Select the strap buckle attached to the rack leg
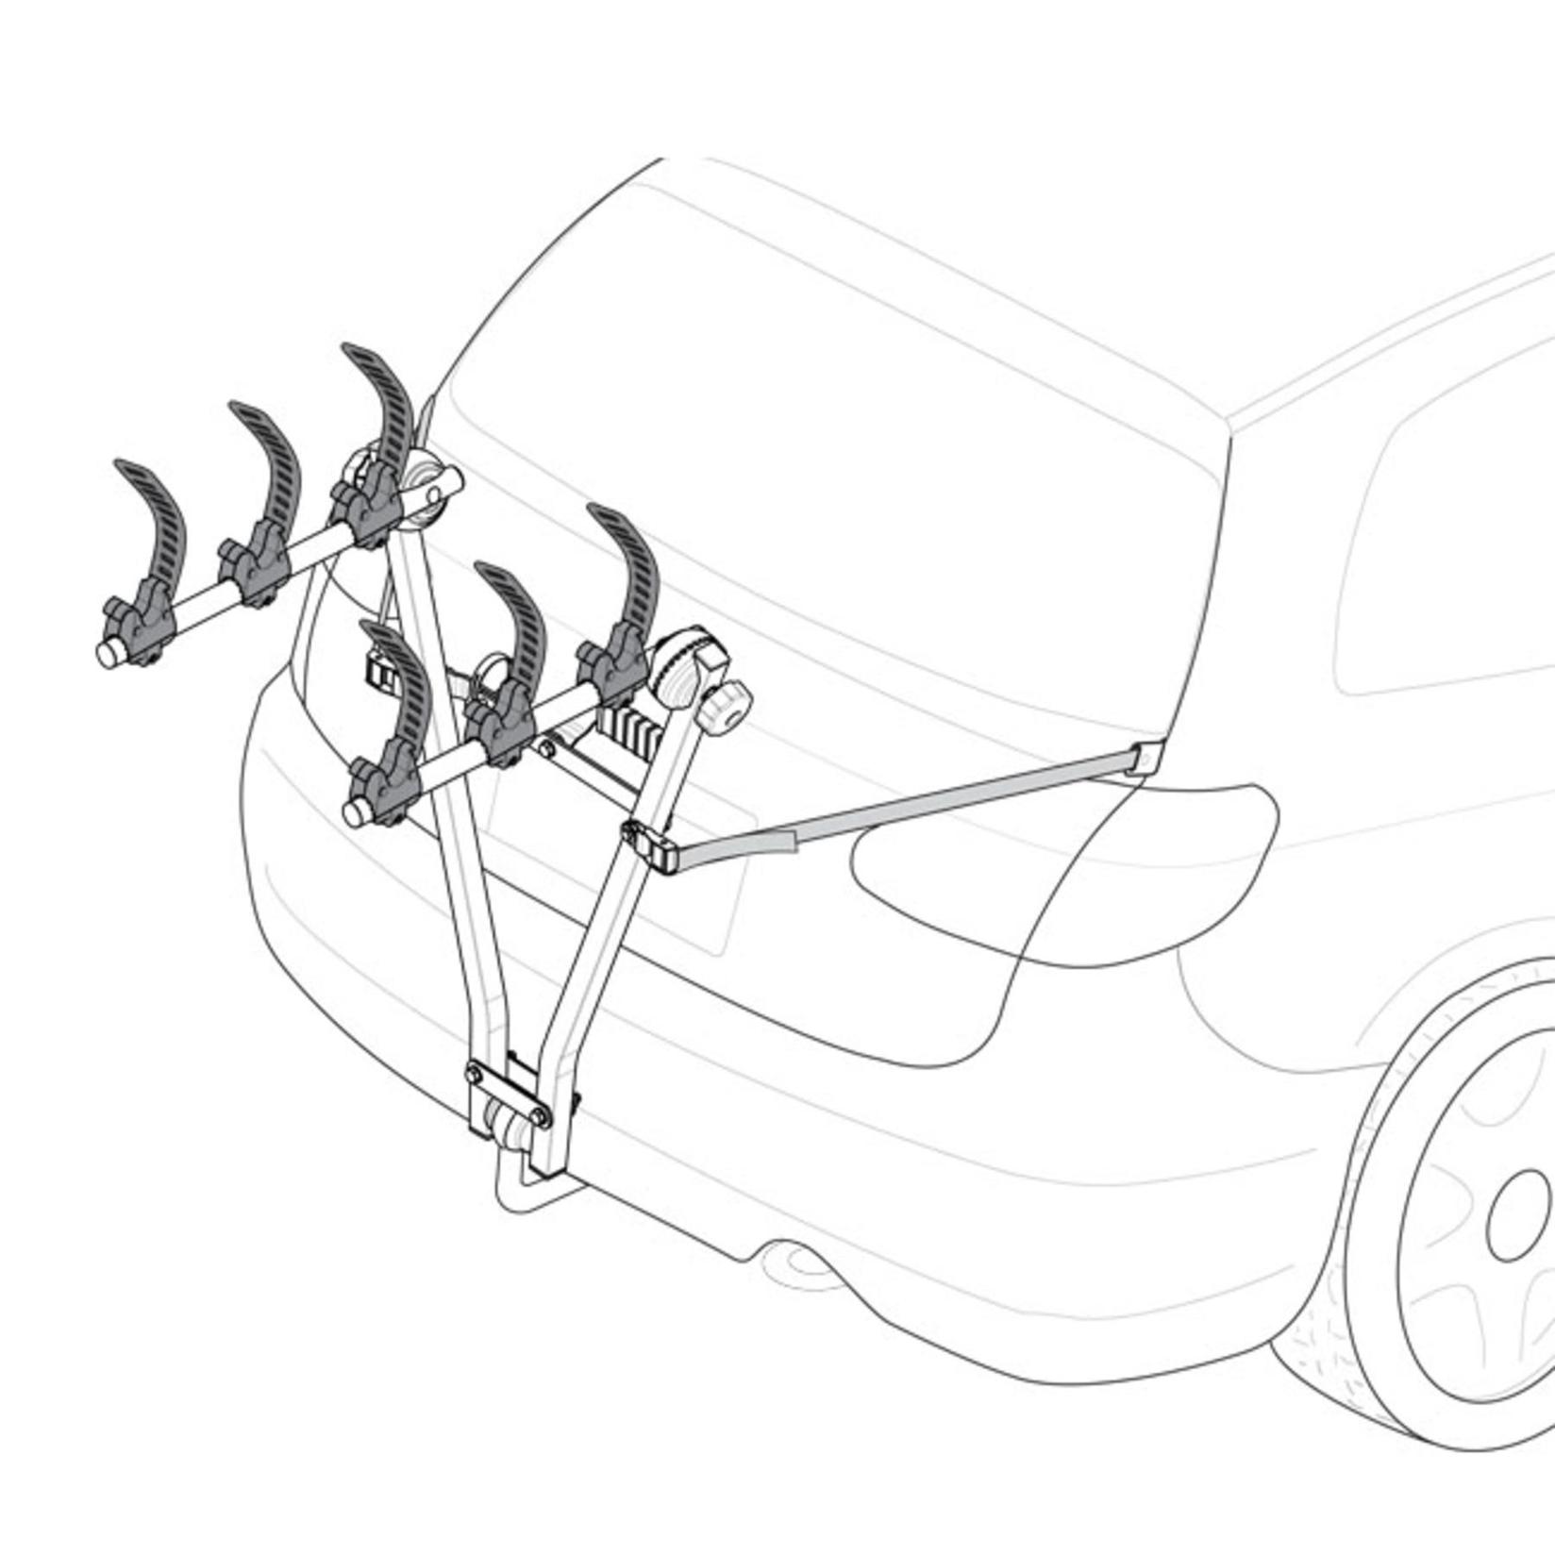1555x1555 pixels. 648,843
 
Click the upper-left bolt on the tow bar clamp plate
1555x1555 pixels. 474,1073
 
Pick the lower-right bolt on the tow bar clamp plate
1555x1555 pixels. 543,1117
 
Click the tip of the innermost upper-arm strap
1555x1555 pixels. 356,352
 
